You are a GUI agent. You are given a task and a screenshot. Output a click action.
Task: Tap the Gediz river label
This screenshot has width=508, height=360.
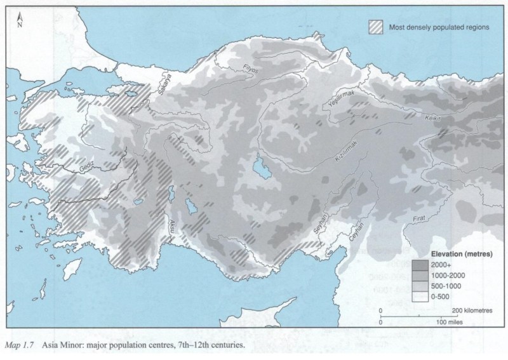point(89,166)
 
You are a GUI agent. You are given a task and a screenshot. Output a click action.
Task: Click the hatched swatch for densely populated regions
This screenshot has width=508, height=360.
point(379,27)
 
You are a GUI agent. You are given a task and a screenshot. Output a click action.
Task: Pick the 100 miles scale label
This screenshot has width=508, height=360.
point(448,322)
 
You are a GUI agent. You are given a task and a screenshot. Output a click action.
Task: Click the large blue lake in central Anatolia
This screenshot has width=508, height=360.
point(260,166)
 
